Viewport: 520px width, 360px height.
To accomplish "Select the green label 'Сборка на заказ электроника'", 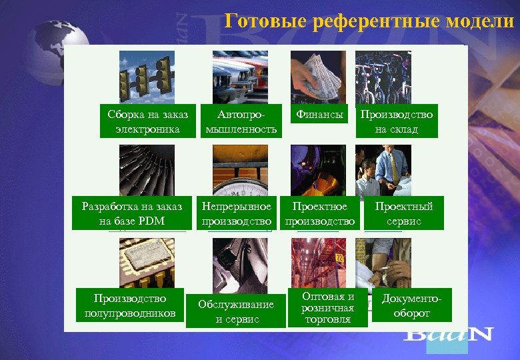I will point(147,121).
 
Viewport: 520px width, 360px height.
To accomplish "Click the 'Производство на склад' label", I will point(397,121).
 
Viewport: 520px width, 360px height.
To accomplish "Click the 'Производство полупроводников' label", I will point(130,305).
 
